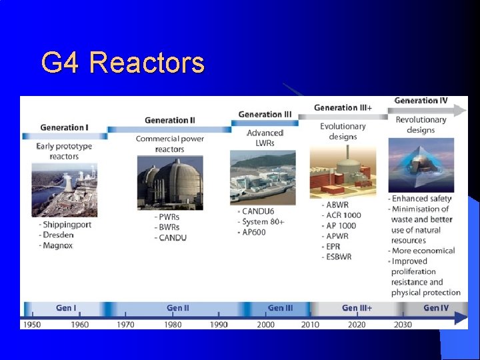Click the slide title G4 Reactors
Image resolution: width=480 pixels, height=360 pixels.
pos(123,63)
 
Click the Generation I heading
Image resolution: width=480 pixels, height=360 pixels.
pos(64,127)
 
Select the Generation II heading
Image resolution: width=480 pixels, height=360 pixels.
pos(169,121)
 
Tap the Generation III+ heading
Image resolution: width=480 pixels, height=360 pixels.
pos(343,107)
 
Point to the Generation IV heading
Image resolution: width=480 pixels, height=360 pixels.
pos(421,101)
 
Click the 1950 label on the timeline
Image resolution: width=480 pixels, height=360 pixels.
pos(32,325)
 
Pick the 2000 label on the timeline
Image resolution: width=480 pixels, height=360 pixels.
pos(265,325)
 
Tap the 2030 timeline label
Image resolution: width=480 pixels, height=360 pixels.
pos(402,325)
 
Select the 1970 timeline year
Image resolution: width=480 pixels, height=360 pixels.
pos(125,325)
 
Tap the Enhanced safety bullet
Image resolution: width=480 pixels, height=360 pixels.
pos(421,199)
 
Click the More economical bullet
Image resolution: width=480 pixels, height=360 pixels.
pos(423,251)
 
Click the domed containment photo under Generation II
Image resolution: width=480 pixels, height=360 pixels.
pos(170,183)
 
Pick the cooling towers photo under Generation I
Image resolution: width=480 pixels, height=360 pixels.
pos(64,189)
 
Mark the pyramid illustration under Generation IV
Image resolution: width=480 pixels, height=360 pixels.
pos(421,165)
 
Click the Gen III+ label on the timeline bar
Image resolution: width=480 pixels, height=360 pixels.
pos(357,308)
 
